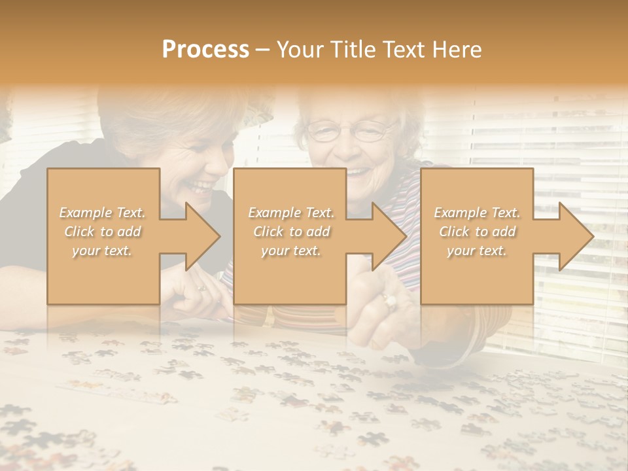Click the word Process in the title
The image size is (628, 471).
pyautogui.click(x=205, y=50)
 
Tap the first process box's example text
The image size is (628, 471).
pyautogui.click(x=103, y=232)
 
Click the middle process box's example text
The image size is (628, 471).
pyautogui.click(x=291, y=232)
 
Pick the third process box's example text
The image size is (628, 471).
pyautogui.click(x=477, y=232)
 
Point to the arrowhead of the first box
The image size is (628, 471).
pyautogui.click(x=202, y=236)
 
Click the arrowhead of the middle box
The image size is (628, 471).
pyautogui.click(x=389, y=236)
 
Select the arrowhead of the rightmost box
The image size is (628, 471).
pyautogui.click(x=576, y=236)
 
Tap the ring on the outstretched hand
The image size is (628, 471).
pyautogui.click(x=391, y=301)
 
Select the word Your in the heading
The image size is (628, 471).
pyautogui.click(x=298, y=50)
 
